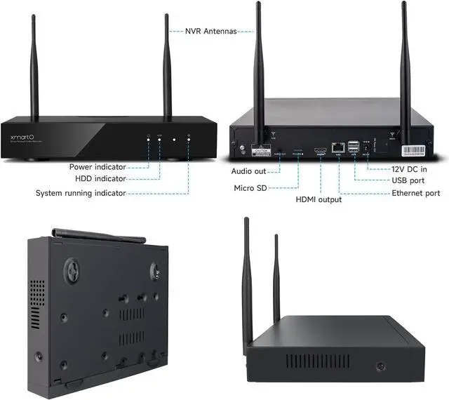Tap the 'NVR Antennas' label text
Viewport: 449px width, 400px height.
coord(210,31)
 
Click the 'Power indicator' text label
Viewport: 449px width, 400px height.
coord(98,167)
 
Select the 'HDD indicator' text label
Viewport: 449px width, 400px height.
coord(102,180)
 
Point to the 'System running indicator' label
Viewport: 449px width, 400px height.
coord(81,193)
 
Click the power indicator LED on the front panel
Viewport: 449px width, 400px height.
coord(148,140)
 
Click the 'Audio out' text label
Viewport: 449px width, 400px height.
coord(249,171)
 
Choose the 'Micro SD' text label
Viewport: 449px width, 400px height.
coord(250,188)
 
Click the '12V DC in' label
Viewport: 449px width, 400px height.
coord(409,168)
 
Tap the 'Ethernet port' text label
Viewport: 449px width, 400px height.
coord(416,193)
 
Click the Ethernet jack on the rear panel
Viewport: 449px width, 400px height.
coord(338,147)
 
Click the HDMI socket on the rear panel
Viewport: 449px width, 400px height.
coord(321,149)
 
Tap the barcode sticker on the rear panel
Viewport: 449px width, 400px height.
coord(415,149)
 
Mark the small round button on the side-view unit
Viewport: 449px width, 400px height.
coord(381,366)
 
